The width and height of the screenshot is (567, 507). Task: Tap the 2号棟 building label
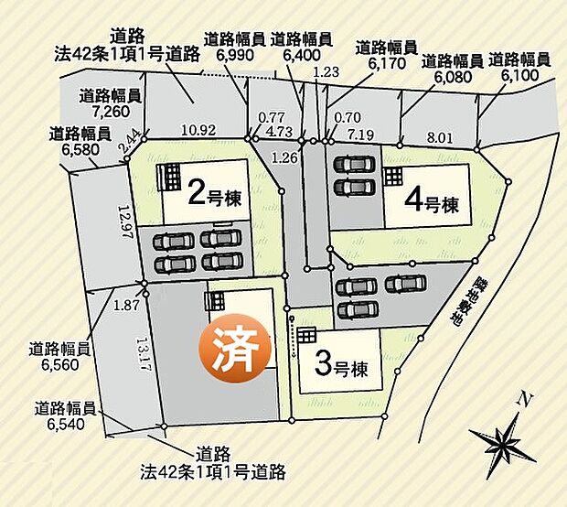[x=215, y=194]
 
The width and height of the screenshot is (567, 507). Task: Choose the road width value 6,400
[x=301, y=55]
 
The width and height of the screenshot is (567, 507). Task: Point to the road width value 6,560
[x=59, y=363]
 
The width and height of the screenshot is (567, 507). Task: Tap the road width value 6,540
[x=66, y=424]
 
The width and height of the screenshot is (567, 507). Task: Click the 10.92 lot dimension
[x=198, y=130]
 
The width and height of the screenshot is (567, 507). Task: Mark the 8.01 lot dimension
[x=439, y=139]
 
